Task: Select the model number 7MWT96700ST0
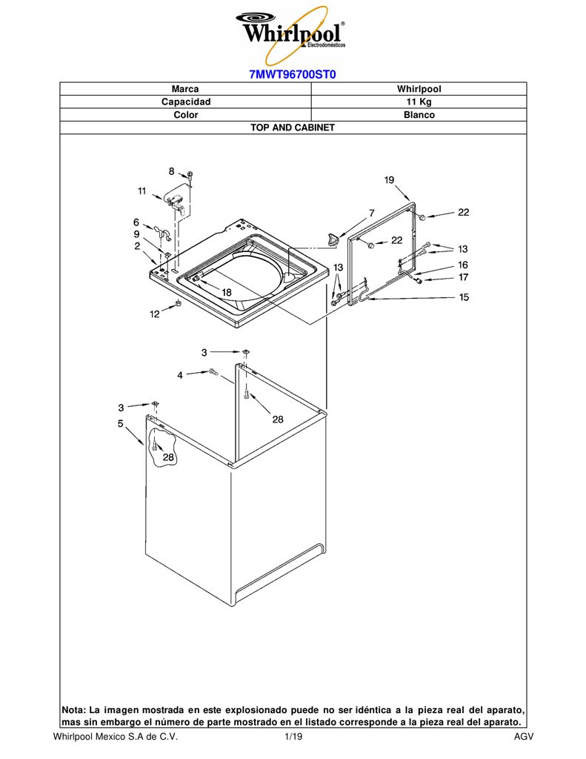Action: tap(293, 75)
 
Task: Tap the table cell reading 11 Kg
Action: tap(419, 102)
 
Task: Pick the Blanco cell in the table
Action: tap(419, 115)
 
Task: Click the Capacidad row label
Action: tap(186, 102)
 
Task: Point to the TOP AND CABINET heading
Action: tap(293, 127)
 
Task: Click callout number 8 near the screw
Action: tap(172, 171)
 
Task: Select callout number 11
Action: tap(141, 190)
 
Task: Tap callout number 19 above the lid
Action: tap(390, 179)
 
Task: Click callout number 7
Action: tap(372, 213)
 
